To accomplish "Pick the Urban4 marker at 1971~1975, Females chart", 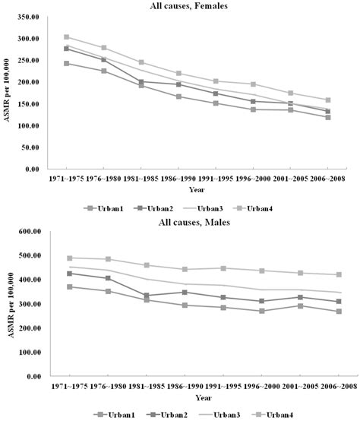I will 67,36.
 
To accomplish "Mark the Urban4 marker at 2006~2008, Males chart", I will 328,274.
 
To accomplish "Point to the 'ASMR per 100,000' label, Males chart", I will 9,304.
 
